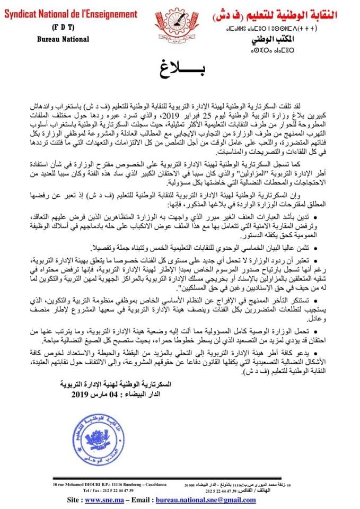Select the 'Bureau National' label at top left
[63, 39]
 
